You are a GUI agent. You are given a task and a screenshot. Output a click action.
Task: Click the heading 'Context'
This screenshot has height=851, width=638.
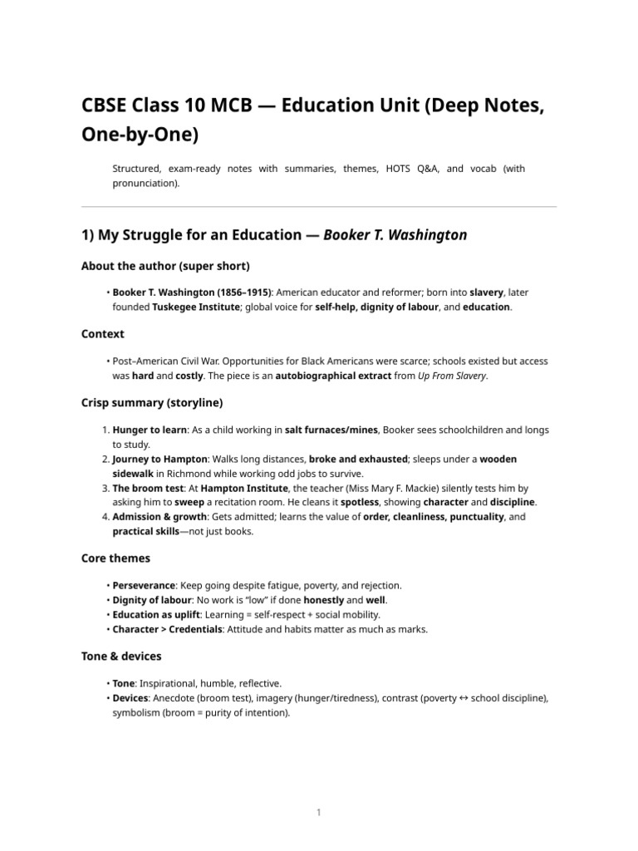tap(102, 334)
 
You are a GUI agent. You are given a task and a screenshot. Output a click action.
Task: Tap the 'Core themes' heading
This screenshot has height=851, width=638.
tap(115, 558)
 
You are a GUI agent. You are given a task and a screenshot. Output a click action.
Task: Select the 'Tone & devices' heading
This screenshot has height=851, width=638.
tap(121, 657)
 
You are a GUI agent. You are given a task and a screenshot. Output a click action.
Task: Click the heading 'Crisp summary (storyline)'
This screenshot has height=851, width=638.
tap(151, 403)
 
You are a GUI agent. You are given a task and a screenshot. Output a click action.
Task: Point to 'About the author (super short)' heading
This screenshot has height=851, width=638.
tap(165, 266)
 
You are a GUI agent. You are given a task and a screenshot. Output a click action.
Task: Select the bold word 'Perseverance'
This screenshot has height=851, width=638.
tap(144, 586)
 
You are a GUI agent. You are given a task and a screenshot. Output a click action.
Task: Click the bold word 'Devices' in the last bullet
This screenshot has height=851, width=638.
tap(130, 698)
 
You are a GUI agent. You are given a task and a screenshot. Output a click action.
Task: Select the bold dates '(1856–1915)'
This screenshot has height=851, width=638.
tap(241, 293)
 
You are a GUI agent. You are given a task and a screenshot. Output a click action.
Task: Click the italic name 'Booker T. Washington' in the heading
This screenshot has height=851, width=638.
tap(395, 235)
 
